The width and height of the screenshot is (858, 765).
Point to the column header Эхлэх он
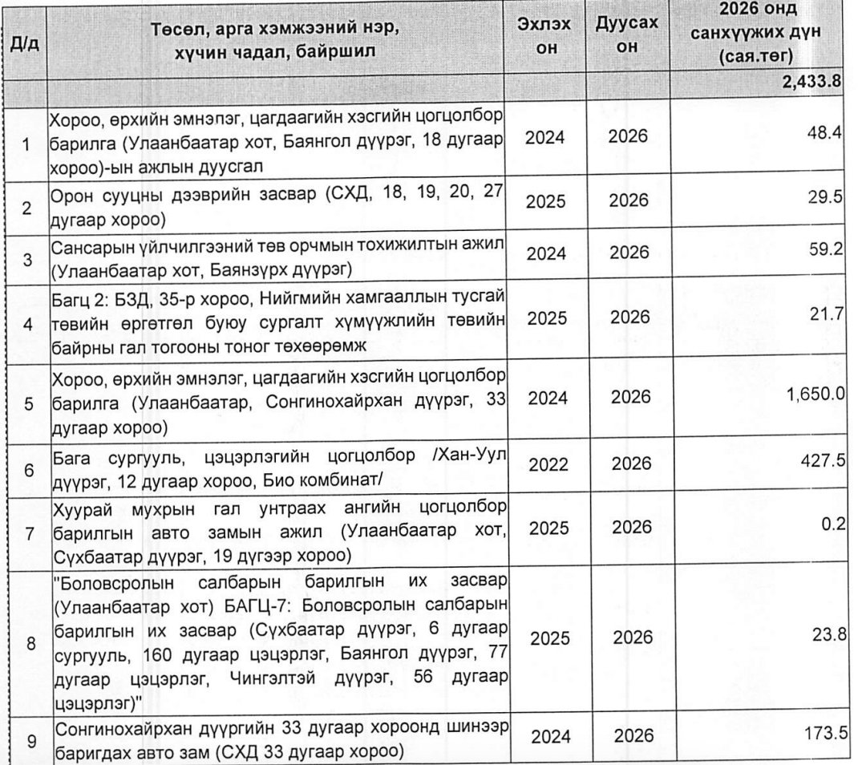tap(546, 36)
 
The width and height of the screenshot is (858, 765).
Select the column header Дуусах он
tap(628, 36)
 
